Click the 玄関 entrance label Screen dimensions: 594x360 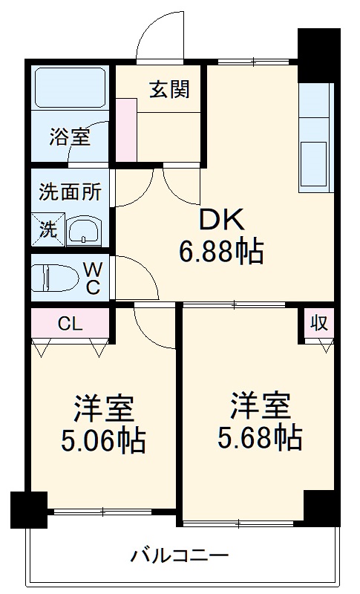(x=170, y=89)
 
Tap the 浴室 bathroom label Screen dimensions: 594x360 (x=70, y=137)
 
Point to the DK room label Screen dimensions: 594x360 (x=220, y=221)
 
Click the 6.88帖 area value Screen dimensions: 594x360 (x=220, y=252)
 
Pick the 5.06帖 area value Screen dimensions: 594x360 (x=103, y=441)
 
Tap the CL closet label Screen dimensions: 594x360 (x=71, y=324)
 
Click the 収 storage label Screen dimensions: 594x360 (x=318, y=324)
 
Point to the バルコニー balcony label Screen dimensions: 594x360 (x=180, y=555)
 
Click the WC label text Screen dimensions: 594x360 (x=94, y=278)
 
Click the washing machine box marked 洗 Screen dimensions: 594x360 (x=48, y=230)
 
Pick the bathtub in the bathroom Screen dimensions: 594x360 (x=71, y=92)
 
